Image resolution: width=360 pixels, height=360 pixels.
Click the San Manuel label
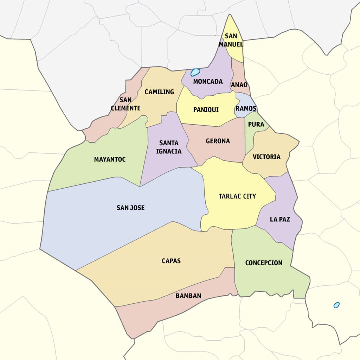231,40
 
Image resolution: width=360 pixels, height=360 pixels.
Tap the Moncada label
208,82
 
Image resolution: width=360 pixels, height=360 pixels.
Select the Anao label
239,85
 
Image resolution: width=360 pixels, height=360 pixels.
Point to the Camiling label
159,92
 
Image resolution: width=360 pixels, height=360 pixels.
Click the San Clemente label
126,104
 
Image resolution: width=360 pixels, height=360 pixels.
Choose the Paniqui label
206,110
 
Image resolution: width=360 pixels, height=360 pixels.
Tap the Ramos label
246,108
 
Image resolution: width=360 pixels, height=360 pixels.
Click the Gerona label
218,141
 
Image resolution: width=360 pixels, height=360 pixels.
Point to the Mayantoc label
110,159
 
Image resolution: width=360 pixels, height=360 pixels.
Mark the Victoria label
266,157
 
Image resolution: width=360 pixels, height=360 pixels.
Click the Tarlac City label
237,196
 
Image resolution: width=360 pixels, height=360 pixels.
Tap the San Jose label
130,208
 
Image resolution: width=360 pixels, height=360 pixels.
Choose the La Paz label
280,219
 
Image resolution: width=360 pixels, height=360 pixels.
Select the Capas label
171,261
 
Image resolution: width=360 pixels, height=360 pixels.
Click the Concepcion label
264,263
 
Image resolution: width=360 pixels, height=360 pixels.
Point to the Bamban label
188,296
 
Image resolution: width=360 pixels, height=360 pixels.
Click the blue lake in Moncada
195,72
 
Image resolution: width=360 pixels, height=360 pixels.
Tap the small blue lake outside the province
336,305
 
